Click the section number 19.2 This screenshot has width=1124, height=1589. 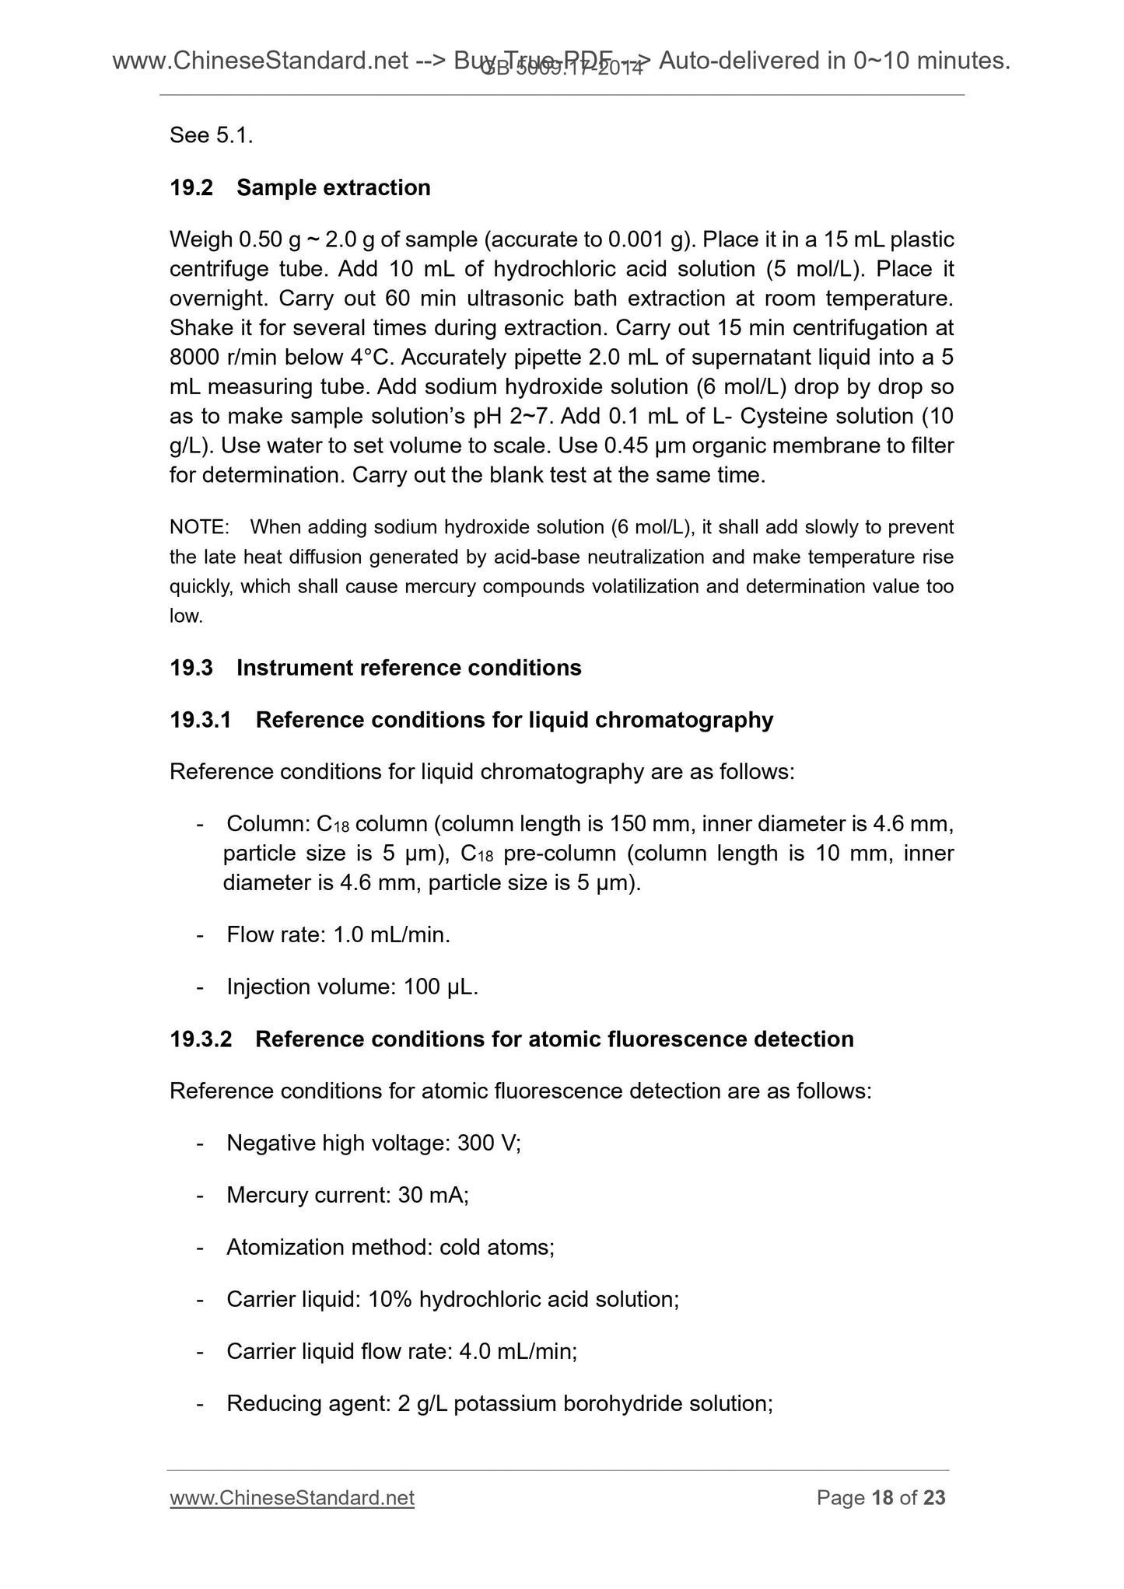[x=191, y=187]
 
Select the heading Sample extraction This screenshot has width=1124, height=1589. [x=333, y=187]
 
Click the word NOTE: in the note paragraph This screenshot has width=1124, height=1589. [x=199, y=528]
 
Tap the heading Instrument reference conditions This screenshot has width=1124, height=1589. [x=408, y=668]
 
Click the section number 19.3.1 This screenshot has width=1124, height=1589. [x=201, y=720]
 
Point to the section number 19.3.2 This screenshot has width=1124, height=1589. [x=201, y=1039]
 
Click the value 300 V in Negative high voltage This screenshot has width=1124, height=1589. [x=488, y=1143]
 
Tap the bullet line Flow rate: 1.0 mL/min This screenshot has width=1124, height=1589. [x=338, y=934]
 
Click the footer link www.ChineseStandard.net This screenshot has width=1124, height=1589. [x=292, y=1497]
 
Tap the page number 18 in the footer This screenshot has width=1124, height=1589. [x=882, y=1497]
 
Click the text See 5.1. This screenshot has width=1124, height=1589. [x=211, y=135]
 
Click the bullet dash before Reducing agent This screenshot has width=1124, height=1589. [x=201, y=1404]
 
